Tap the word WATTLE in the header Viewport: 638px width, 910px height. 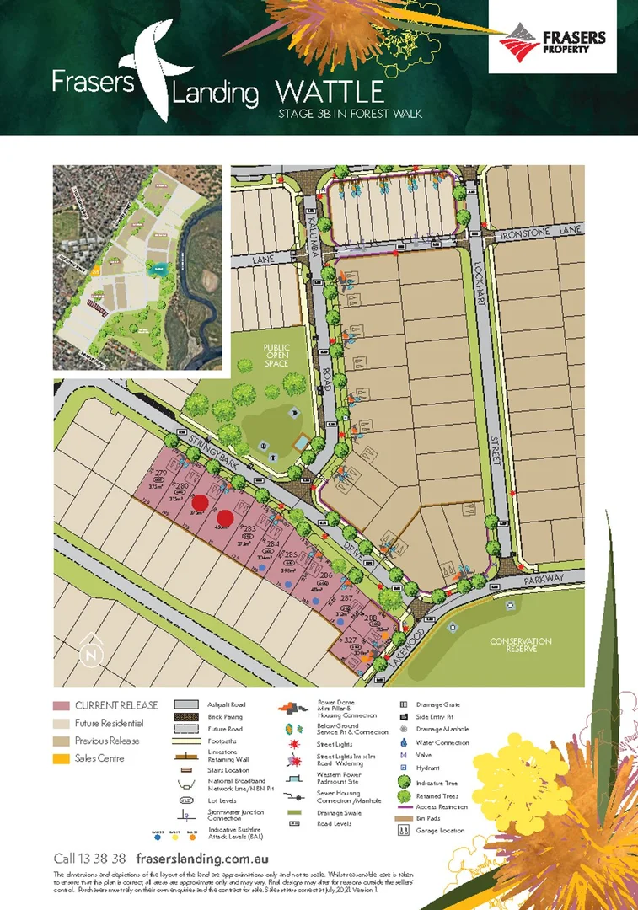point(330,92)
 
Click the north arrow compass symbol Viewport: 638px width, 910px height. point(90,653)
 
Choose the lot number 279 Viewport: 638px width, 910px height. point(161,474)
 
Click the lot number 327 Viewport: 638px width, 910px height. point(351,641)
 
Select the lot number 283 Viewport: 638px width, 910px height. point(249,528)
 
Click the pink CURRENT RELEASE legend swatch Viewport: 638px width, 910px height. point(61,705)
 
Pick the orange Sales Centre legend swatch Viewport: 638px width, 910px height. point(61,758)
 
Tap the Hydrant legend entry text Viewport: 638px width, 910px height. point(427,768)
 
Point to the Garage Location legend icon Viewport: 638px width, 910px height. point(404,831)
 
